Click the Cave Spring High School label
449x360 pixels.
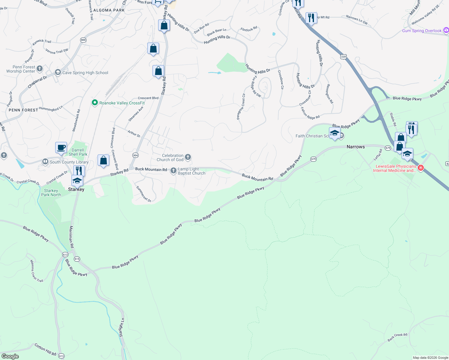click(x=85, y=73)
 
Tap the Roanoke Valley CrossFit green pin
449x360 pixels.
click(x=95, y=103)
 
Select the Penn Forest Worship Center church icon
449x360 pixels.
click(x=40, y=69)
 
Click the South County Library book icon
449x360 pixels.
click(x=45, y=162)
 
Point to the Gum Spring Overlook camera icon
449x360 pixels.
click(x=446, y=30)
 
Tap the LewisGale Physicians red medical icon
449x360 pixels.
click(x=421, y=168)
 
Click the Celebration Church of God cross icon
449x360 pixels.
click(x=188, y=157)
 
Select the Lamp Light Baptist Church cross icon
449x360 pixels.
click(x=173, y=171)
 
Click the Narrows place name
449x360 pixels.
click(x=356, y=147)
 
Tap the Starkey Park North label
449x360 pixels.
click(x=51, y=193)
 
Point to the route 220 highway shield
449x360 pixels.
click(x=344, y=56)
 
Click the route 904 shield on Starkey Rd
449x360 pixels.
click(x=135, y=155)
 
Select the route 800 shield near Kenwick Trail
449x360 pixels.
click(x=83, y=40)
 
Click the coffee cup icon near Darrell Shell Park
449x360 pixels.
click(x=61, y=148)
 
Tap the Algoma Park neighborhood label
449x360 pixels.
click(x=109, y=10)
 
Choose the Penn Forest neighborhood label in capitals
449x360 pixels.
click(x=23, y=110)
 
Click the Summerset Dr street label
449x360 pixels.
click(x=143, y=194)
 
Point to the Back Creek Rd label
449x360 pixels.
click(x=397, y=337)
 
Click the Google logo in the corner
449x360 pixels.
click(x=10, y=356)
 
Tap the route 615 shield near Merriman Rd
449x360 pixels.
click(x=77, y=259)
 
